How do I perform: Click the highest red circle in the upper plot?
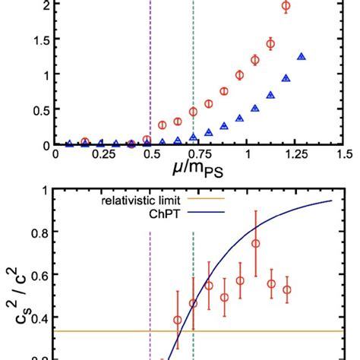click(x=286, y=6)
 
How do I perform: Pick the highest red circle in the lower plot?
click(x=256, y=244)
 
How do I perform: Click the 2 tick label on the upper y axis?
click(x=47, y=5)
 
